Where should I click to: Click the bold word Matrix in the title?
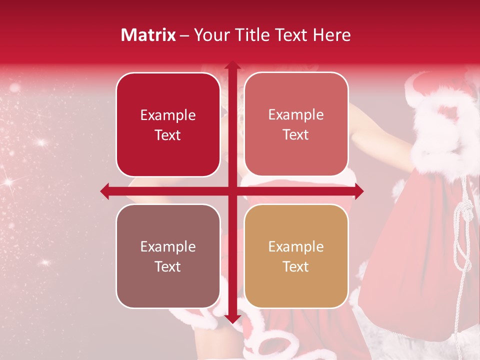click(148, 35)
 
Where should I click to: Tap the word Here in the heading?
click(331, 35)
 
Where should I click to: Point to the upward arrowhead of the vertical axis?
click(232, 65)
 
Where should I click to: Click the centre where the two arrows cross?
click(232, 191)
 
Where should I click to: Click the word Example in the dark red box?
click(168, 115)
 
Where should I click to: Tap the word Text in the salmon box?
click(296, 135)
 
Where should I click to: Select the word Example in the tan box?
click(296, 246)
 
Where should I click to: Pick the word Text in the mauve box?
click(168, 266)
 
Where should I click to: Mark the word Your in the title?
click(209, 35)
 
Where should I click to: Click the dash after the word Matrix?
click(184, 35)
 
